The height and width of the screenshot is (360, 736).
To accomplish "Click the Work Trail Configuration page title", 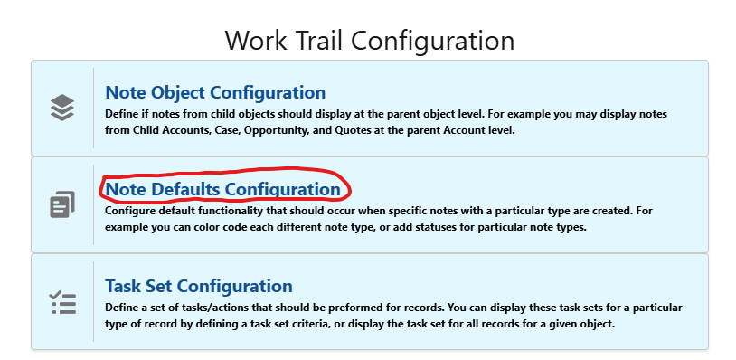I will click(369, 41).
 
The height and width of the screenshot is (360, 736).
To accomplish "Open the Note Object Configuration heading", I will click(215, 92).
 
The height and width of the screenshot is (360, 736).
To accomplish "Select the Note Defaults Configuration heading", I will click(222, 189).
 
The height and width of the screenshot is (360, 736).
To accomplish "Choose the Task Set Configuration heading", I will click(199, 286).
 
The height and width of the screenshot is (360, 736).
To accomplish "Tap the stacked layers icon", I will click(61, 108).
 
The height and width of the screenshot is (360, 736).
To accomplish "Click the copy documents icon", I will click(61, 204).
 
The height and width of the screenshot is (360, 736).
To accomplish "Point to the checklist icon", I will click(61, 302).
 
